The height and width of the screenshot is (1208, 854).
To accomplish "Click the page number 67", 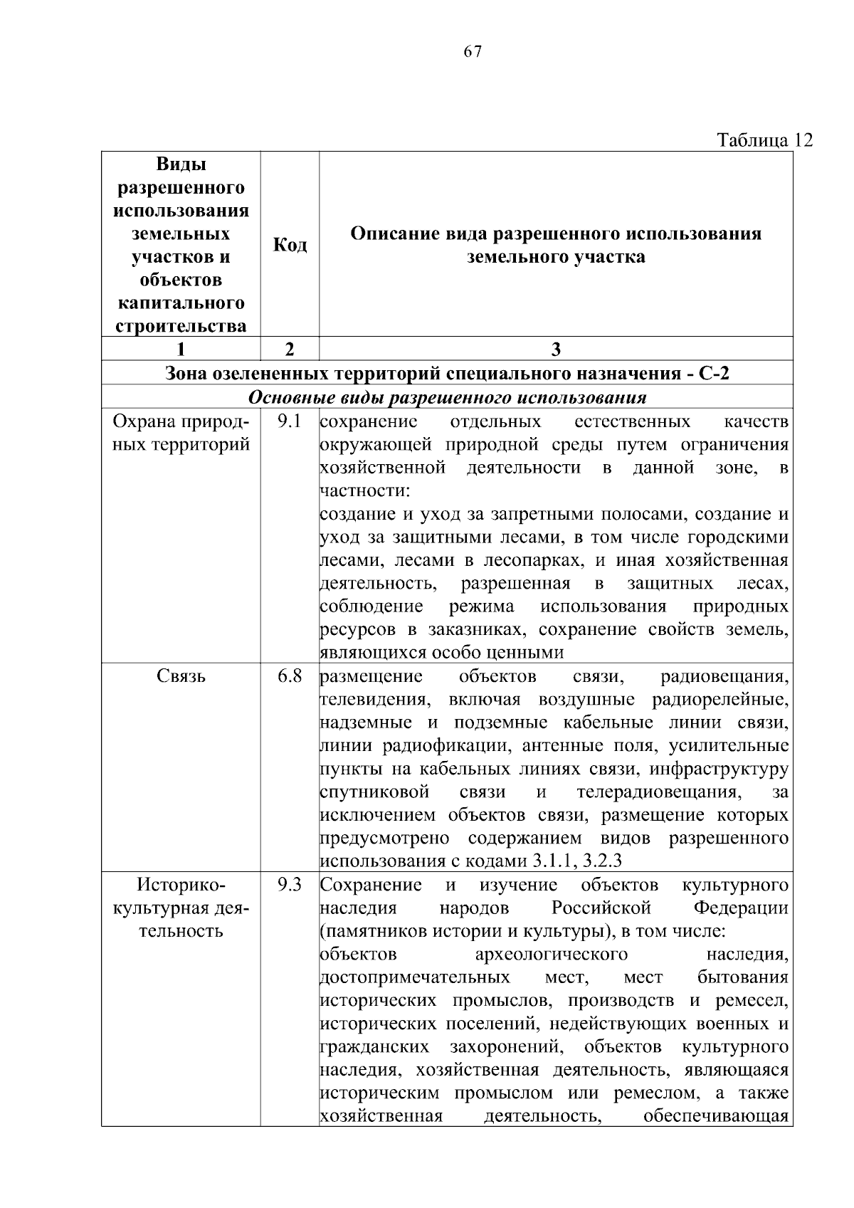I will coord(473,52).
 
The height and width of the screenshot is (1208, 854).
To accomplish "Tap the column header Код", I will coord(290,245).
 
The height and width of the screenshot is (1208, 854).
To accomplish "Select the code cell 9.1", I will coord(290,422).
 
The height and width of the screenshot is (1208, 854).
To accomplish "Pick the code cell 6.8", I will coord(290,676).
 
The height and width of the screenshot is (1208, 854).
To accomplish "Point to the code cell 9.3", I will coord(290,885).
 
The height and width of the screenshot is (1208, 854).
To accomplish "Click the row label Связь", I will coord(181,676).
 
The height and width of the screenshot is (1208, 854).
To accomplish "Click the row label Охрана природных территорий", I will coord(181,434).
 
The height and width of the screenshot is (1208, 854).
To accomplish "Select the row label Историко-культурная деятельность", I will coord(181,908).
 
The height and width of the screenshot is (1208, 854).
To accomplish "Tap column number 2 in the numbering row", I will coord(289,349).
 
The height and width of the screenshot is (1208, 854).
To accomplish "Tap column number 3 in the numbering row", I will coord(556,349).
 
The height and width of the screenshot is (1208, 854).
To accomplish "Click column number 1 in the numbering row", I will coord(181,349).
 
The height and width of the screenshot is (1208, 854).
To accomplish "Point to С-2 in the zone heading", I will coord(714,373).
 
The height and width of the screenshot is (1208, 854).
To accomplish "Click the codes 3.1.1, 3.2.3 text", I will coord(577,861).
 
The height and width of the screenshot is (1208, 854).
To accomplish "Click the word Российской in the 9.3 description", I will coord(601,908).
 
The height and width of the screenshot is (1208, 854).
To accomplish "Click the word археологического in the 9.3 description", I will coord(551,954).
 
